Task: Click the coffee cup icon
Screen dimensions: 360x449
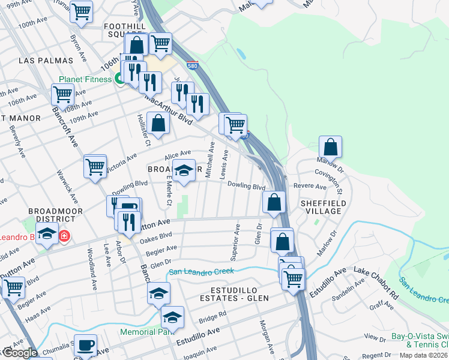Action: point(85,344)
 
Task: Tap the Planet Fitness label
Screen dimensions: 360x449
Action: point(85,79)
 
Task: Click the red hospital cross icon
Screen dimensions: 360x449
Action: point(64,236)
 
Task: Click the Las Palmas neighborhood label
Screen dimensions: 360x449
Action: point(46,61)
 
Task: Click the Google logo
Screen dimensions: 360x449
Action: point(19,353)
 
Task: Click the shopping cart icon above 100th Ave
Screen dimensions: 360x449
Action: point(81,11)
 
